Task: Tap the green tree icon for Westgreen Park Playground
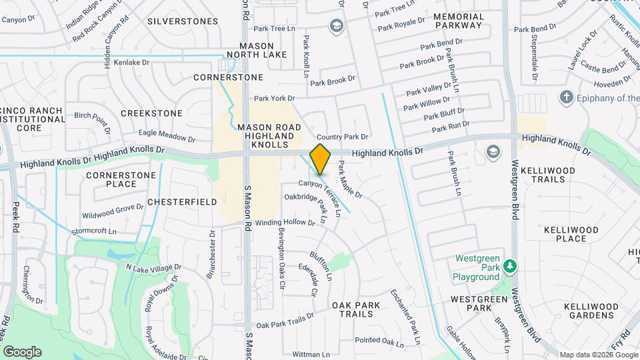pyautogui.click(x=511, y=267)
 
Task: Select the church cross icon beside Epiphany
pyautogui.click(x=567, y=98)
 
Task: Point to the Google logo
pyautogui.click(x=22, y=351)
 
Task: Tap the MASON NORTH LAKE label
pyautogui.click(x=257, y=50)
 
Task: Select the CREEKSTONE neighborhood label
pyautogui.click(x=151, y=114)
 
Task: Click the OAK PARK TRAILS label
pyautogui.click(x=356, y=309)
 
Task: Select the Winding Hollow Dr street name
pyautogui.click(x=285, y=223)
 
